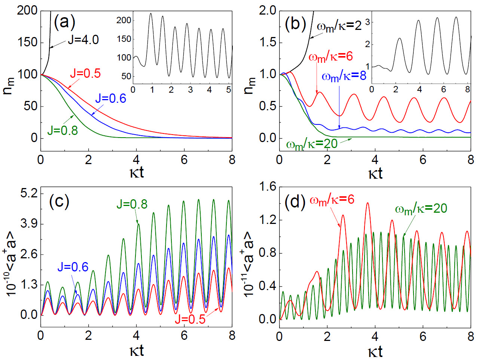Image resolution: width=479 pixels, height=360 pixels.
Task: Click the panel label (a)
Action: tap(64, 22)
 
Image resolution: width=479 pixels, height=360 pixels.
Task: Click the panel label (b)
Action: tap(295, 24)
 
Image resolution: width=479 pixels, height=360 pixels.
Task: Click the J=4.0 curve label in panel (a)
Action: tap(83, 40)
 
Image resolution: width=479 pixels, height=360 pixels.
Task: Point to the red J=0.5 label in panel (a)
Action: tap(85, 73)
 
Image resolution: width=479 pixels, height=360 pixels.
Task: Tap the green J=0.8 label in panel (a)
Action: tap(62, 130)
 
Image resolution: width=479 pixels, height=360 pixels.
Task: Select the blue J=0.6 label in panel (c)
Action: tap(73, 267)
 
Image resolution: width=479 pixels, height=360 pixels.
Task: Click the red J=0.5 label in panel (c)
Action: tap(190, 319)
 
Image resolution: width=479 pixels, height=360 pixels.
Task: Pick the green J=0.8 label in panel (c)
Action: tap(132, 204)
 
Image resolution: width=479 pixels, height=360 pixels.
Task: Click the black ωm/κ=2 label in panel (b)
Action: tap(339, 26)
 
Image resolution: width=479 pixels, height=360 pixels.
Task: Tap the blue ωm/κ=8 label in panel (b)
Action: tap(344, 77)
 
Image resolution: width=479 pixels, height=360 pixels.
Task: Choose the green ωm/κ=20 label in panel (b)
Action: tap(312, 144)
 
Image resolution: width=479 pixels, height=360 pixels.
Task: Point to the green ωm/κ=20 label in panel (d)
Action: tap(421, 209)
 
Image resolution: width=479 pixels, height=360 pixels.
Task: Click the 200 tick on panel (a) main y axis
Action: tap(27, 10)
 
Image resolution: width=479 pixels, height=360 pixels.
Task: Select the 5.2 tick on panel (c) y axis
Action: tap(29, 194)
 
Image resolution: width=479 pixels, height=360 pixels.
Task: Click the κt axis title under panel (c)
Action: tap(136, 351)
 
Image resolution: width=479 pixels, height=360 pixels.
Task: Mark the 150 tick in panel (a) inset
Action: tap(124, 39)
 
